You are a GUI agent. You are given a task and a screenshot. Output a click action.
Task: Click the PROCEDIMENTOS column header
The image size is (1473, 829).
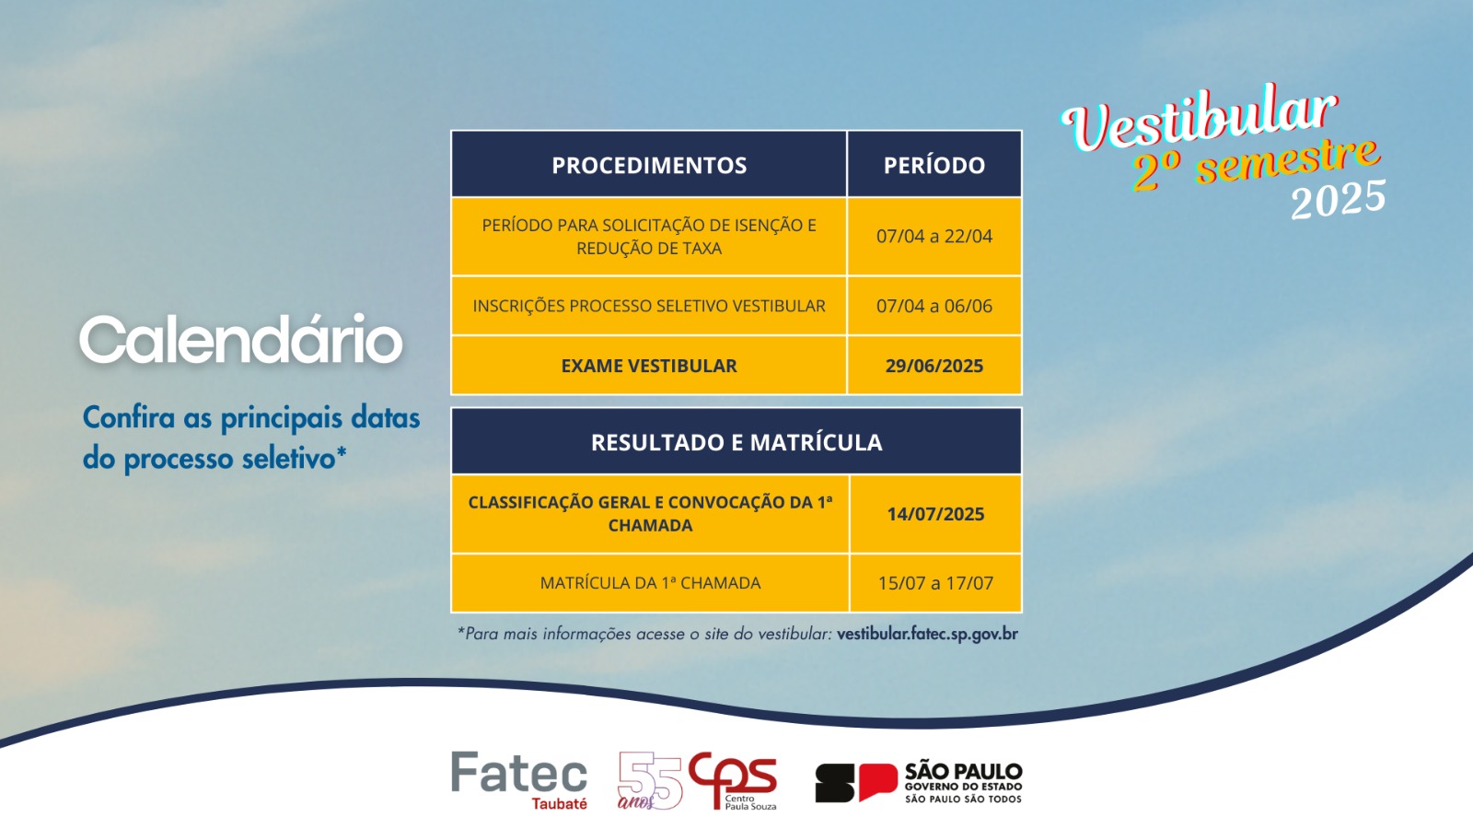point(649,165)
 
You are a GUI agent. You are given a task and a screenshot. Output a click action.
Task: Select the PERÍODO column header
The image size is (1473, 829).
point(934,165)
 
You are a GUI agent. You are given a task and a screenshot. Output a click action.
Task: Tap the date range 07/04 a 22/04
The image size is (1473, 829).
point(934,236)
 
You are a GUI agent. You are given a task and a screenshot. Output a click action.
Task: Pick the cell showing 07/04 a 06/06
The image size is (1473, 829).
point(934,306)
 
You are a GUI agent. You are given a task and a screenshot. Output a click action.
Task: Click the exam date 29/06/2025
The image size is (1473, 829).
point(934,366)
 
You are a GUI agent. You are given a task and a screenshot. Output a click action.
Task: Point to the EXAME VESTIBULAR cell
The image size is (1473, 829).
point(649,366)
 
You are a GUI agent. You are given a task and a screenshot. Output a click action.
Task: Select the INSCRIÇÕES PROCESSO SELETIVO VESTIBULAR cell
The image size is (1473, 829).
point(649,306)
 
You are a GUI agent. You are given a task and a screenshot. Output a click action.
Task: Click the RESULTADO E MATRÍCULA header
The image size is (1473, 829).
point(736,442)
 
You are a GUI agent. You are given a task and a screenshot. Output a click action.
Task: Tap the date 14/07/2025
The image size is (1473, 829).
point(935,514)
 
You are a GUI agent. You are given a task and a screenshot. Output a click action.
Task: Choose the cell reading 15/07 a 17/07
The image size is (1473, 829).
point(935,583)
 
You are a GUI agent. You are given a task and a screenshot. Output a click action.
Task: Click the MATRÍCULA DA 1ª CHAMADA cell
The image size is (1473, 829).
point(650,583)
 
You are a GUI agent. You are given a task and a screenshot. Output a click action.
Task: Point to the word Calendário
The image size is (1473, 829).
point(240,339)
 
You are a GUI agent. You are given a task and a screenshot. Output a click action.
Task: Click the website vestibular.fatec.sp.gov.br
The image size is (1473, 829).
point(927,635)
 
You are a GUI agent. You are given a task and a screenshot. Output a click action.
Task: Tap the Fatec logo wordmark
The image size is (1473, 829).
point(519,773)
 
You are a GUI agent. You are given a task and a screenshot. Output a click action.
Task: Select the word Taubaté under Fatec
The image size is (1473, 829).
point(559,803)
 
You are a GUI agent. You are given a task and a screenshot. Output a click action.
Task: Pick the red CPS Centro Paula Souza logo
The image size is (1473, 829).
point(733,780)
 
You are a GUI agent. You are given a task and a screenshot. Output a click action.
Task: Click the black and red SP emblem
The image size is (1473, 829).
point(856,783)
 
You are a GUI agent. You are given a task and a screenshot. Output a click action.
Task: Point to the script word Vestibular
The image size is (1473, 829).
point(1200,119)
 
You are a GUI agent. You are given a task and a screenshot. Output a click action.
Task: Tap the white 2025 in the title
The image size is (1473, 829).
point(1339,199)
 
